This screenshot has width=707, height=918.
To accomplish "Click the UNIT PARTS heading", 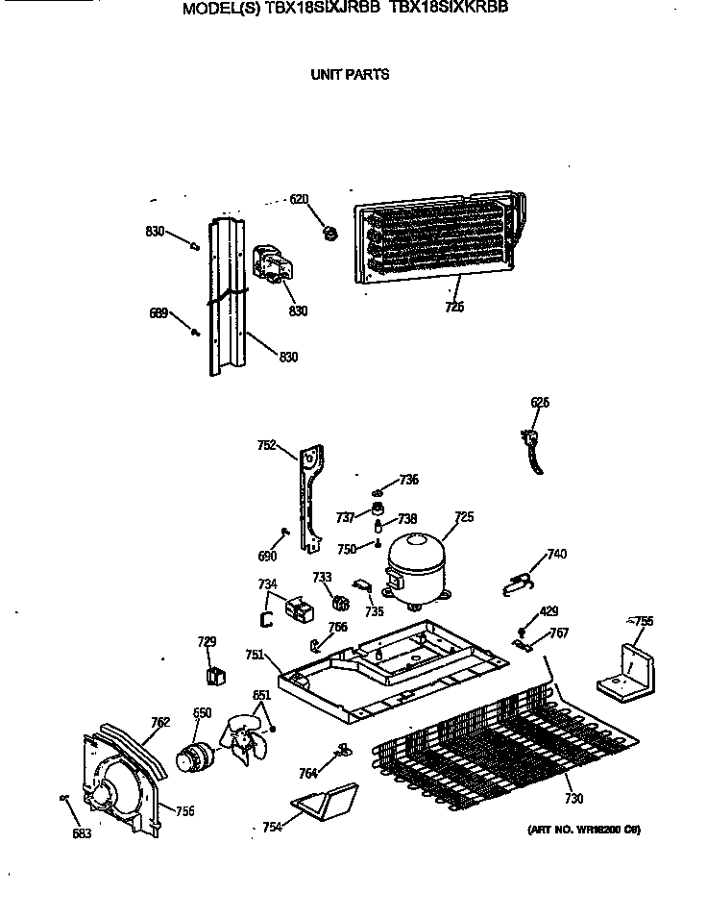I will tap(350, 75).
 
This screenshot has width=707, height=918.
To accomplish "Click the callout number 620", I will tap(300, 200).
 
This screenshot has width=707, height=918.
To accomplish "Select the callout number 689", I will tap(158, 312).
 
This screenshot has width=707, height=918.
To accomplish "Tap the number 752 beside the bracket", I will tap(267, 445).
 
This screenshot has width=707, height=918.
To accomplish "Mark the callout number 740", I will tap(555, 553).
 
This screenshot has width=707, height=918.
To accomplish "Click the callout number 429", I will tap(549, 611).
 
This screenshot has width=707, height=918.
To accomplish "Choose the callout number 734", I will tap(267, 583).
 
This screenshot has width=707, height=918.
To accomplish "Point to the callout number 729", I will tap(207, 642).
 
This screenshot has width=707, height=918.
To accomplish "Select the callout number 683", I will tap(82, 833).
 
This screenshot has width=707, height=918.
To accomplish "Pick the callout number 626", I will tap(540, 403).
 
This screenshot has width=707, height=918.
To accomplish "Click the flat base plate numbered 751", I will tap(384, 673).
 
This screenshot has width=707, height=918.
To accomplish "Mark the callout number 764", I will tap(307, 772).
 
